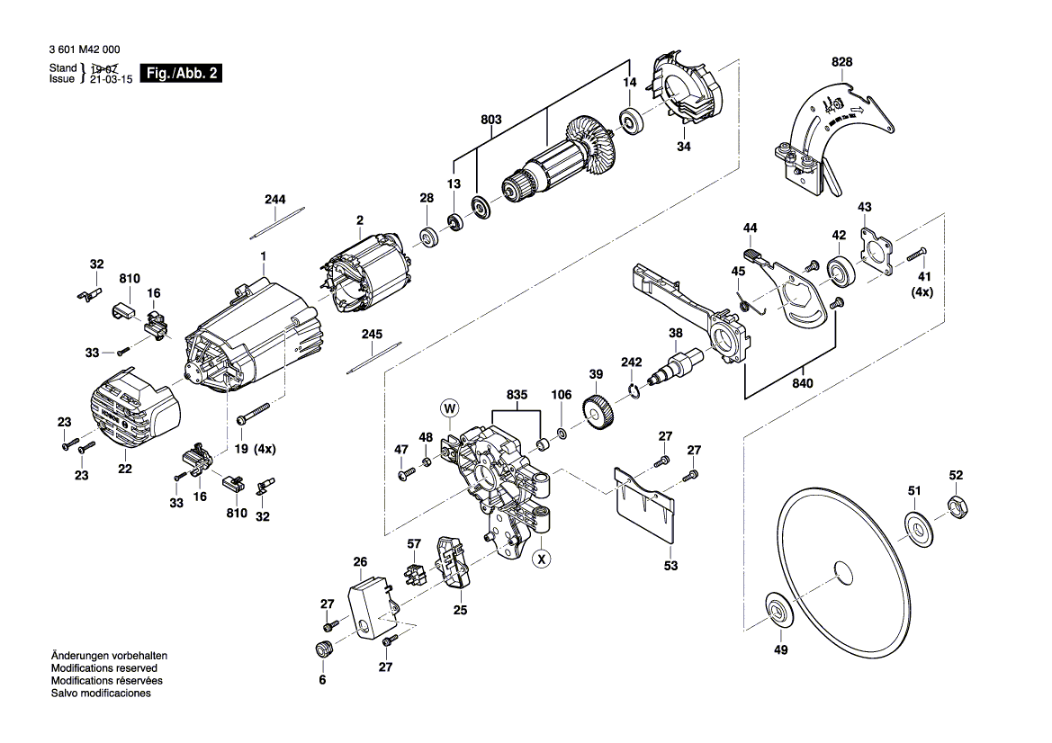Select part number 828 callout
tap(841, 62)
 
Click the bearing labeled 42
tap(841, 268)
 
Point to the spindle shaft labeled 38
tap(680, 365)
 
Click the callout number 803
tap(490, 119)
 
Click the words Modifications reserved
tap(103, 668)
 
